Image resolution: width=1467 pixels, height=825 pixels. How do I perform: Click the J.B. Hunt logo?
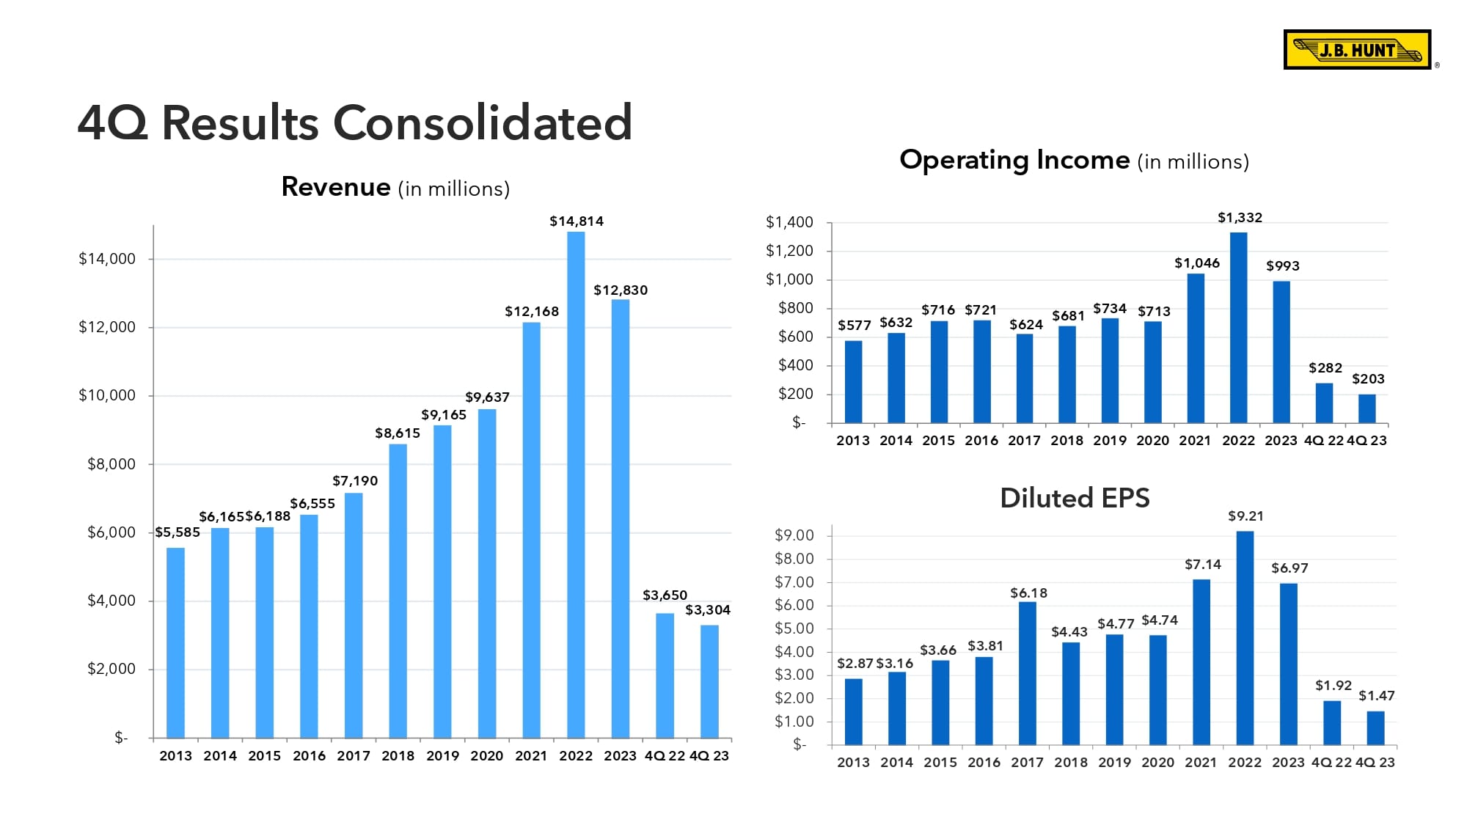[x=1357, y=50]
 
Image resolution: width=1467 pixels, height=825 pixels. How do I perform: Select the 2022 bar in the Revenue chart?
[x=576, y=484]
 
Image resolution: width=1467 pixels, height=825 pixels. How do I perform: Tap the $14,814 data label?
[x=577, y=221]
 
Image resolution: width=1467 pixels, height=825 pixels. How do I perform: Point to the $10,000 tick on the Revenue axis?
[x=107, y=396]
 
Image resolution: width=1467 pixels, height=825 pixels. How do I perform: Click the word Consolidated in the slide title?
[x=483, y=122]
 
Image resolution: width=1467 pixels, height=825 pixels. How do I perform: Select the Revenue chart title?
[x=395, y=188]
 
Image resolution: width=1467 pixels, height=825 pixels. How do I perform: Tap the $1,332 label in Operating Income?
[x=1240, y=218]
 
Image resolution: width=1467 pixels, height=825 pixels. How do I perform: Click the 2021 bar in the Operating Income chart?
[x=1196, y=348]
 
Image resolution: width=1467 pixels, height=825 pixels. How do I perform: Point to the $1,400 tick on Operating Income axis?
[x=789, y=222]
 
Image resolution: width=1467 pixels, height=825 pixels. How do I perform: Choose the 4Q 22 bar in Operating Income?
[x=1324, y=403]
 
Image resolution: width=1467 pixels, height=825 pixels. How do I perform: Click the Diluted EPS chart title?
[x=1075, y=498]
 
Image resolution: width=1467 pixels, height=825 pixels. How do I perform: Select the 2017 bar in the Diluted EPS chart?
[x=1028, y=672]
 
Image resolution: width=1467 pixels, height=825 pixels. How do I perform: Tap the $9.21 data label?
[x=1245, y=516]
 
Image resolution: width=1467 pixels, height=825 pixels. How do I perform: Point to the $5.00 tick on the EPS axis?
[x=794, y=628]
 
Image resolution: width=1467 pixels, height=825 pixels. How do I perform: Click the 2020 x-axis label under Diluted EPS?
[x=1157, y=763]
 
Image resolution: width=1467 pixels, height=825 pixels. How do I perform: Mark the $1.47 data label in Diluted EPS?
[x=1376, y=696]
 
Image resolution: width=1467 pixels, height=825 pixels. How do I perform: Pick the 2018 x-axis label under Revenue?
[x=398, y=756]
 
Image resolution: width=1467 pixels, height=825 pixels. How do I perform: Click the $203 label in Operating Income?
[x=1368, y=379]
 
